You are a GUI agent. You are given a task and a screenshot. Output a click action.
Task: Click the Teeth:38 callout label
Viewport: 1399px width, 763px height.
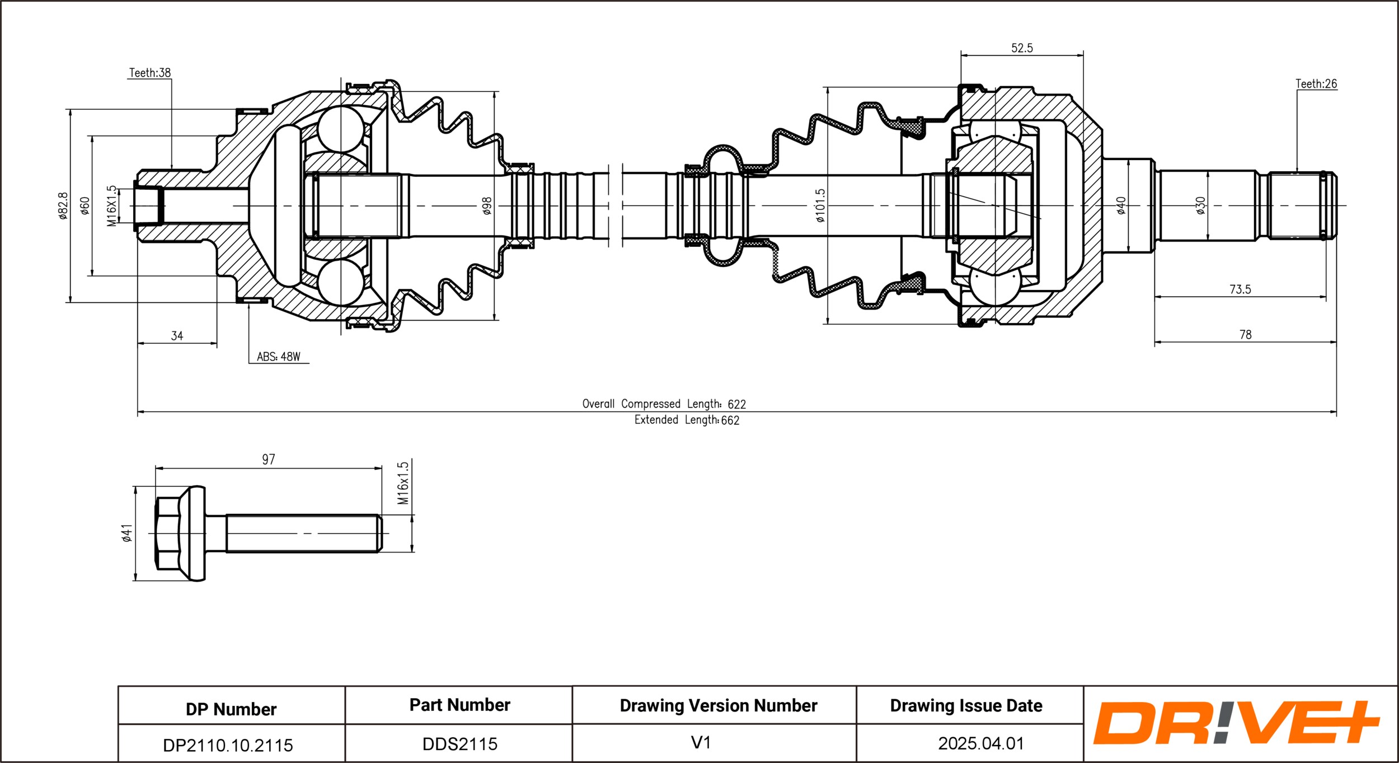pyautogui.click(x=150, y=73)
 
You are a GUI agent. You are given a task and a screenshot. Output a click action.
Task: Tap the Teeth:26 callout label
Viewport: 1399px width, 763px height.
pyautogui.click(x=1316, y=83)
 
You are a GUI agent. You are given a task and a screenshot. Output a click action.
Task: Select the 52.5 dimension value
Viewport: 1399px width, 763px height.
pyautogui.click(x=1022, y=48)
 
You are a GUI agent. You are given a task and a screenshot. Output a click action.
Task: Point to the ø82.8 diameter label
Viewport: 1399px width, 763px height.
pyautogui.click(x=63, y=205)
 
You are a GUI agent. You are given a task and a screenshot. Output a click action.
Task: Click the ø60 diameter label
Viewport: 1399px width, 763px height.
pyautogui.click(x=84, y=205)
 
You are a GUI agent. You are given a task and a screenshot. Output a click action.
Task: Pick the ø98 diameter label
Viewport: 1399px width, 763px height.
pyautogui.click(x=487, y=205)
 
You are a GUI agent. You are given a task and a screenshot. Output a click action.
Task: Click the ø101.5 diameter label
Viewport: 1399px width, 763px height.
pyautogui.click(x=820, y=205)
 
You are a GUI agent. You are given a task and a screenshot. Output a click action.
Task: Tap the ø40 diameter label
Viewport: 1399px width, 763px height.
pyautogui.click(x=1120, y=205)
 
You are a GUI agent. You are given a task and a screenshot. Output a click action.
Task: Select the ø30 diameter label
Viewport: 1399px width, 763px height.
pyautogui.click(x=1200, y=205)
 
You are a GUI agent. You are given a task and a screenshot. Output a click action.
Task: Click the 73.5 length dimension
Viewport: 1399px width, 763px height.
pyautogui.click(x=1240, y=289)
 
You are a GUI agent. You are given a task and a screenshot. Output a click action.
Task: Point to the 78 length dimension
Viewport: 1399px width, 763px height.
pyautogui.click(x=1245, y=335)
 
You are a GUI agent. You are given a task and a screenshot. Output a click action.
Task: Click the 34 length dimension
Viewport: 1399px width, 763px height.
pyautogui.click(x=177, y=336)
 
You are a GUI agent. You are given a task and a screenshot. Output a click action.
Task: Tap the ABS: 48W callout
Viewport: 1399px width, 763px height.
pyautogui.click(x=279, y=357)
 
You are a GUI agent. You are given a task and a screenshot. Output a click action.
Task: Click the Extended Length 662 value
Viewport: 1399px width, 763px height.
pyautogui.click(x=687, y=420)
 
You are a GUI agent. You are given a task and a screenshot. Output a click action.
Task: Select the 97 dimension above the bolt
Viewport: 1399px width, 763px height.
pyautogui.click(x=269, y=459)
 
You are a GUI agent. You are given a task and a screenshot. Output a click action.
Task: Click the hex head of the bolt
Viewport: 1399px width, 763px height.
pyautogui.click(x=167, y=533)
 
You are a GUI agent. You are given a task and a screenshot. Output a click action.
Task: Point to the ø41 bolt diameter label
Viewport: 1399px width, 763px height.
pyautogui.click(x=127, y=533)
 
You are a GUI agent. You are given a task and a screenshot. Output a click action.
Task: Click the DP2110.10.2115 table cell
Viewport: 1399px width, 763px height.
pyautogui.click(x=228, y=745)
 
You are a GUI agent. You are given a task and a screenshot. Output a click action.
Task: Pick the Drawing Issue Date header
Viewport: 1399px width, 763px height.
pyautogui.click(x=966, y=705)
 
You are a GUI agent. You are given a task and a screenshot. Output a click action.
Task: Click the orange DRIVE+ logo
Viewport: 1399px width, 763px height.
pyautogui.click(x=1236, y=723)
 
